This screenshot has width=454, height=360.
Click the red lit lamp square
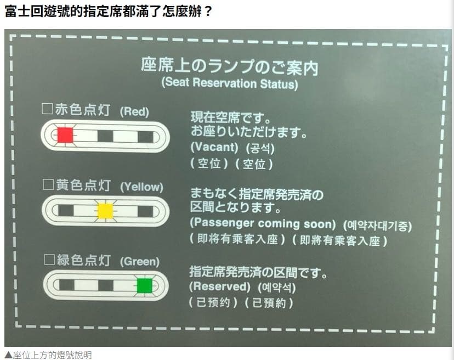tap(65, 135)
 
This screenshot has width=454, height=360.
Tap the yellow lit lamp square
tap(105, 211)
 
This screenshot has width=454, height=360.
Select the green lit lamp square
tap(145, 286)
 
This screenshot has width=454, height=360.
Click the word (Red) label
tap(134, 111)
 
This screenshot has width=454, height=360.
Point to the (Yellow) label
tap(141, 187)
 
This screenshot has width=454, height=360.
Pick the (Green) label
tap(140, 262)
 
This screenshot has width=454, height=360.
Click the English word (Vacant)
tap(214, 147)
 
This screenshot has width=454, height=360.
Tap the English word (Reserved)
tap(220, 286)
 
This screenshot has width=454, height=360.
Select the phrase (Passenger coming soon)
tap(263, 223)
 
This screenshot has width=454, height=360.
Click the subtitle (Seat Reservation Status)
tap(230, 83)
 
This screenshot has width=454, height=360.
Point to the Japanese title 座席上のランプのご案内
tap(230, 66)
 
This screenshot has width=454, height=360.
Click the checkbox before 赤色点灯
tap(47, 109)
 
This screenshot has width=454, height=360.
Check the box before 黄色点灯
tap(48, 184)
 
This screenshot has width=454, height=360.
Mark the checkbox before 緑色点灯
tap(49, 260)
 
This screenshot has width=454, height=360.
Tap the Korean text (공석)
tap(260, 148)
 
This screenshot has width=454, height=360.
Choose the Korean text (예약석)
tap(277, 288)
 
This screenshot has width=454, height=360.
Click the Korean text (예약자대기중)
tap(377, 226)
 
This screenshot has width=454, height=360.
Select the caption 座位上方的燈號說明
tap(48, 355)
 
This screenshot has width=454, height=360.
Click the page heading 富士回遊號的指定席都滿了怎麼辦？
tap(108, 12)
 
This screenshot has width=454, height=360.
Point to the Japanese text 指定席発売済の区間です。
tap(258, 272)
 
